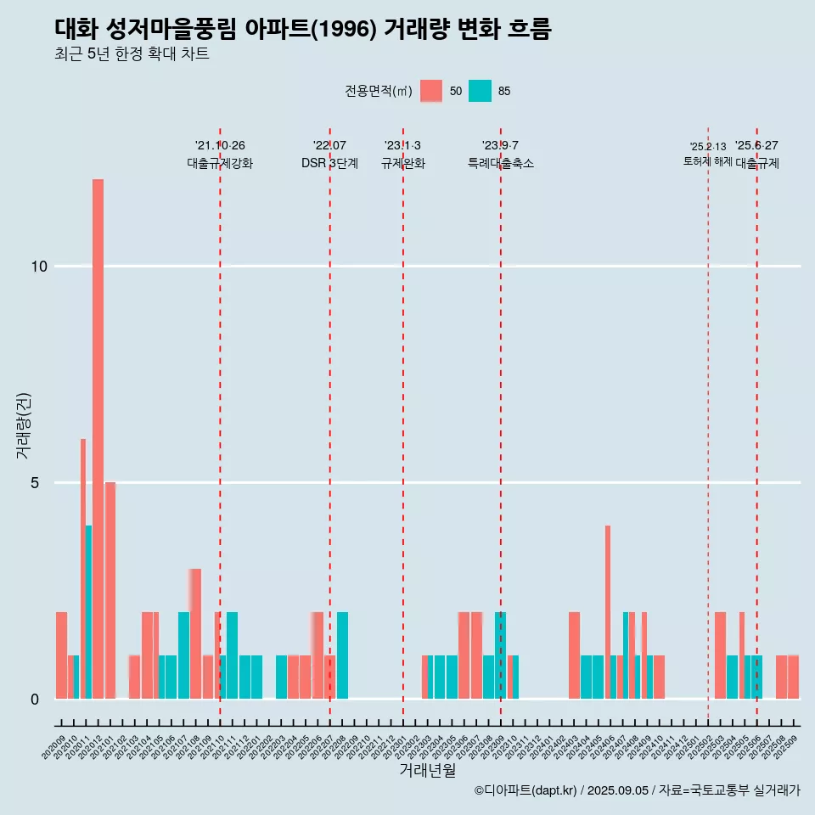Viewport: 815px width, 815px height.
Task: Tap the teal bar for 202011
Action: point(88,611)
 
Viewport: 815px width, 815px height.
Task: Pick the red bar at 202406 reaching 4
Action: point(608,611)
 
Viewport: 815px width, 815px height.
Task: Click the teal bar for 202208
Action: point(342,655)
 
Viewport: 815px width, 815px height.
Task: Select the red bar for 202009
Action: point(61,655)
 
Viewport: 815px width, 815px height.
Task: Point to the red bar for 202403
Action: point(574,655)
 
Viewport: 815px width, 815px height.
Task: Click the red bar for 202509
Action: point(793,677)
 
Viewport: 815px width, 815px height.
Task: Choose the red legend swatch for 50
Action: point(431,91)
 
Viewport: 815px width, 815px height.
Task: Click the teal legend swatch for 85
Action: point(480,91)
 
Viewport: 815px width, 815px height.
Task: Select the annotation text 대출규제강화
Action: point(220,163)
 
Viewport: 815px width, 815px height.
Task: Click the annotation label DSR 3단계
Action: point(329,163)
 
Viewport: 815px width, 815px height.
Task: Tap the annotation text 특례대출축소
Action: point(501,163)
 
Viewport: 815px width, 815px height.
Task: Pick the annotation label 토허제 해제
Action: point(707,161)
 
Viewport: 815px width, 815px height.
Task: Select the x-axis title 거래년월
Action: point(427,771)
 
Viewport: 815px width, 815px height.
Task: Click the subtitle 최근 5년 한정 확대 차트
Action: point(132,54)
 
